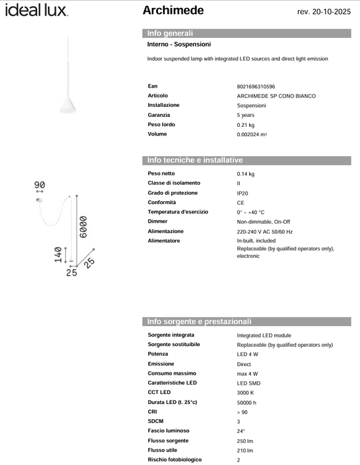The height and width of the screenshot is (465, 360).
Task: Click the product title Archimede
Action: tap(173, 11)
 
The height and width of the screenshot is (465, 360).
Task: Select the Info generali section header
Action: tap(171, 33)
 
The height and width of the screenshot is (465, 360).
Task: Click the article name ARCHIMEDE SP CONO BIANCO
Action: tap(276, 96)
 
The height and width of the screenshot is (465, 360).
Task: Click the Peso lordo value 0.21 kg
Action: tap(246, 125)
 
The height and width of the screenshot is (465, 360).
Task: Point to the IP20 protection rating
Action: tap(243, 193)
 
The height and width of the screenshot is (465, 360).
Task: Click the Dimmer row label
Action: tap(158, 221)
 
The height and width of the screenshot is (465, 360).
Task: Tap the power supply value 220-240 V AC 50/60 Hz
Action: tap(264, 231)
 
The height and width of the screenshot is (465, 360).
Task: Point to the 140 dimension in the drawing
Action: tap(58, 254)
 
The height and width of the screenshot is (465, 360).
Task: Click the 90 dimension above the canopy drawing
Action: tap(39, 184)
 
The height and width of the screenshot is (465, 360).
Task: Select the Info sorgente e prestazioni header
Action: tap(199, 322)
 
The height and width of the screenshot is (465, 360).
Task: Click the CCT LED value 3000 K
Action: tap(246, 393)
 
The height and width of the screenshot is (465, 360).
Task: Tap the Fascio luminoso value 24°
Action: tap(241, 431)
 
